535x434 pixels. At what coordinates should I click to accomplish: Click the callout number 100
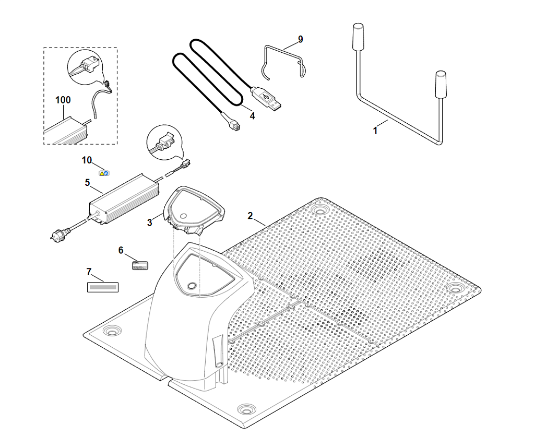point(63,100)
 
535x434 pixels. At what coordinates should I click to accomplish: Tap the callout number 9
point(300,40)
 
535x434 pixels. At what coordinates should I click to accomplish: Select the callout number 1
point(375,131)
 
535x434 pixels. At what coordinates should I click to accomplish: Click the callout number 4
point(252,116)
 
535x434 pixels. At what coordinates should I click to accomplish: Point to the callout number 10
point(87,160)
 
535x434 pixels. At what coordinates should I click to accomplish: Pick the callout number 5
point(87,183)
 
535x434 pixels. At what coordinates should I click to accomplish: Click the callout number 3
point(150,222)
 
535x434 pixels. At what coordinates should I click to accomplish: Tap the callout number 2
point(251,215)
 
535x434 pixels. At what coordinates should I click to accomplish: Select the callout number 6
point(121,250)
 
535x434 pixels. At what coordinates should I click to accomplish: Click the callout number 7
point(89,272)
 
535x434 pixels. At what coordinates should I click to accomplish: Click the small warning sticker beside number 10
point(104,172)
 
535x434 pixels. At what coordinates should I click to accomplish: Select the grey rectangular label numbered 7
point(102,287)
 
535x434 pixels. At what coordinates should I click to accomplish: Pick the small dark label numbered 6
point(140,265)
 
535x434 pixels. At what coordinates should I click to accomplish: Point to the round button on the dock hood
point(192,286)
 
